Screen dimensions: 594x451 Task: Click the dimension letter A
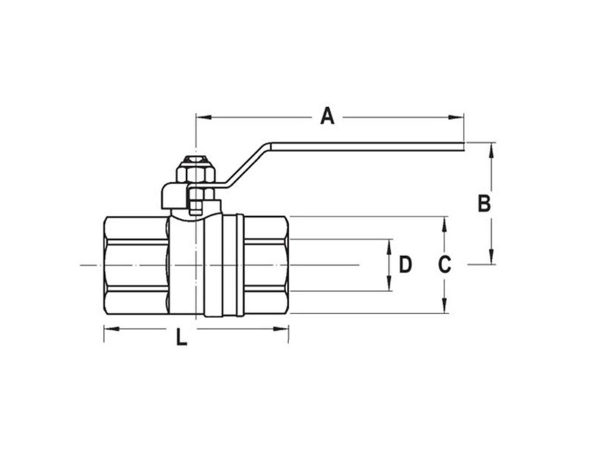tap(327, 116)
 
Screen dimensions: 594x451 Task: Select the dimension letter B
tap(484, 203)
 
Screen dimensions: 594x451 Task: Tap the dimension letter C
tap(444, 264)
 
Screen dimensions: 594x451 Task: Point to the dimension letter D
tap(406, 264)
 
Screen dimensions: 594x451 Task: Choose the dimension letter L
tap(181, 337)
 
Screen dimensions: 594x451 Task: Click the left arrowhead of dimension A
tap(203, 117)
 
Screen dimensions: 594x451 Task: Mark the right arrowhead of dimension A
tap(456, 117)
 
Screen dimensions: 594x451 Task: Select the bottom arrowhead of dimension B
tap(492, 256)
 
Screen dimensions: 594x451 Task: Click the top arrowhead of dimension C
tap(444, 224)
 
